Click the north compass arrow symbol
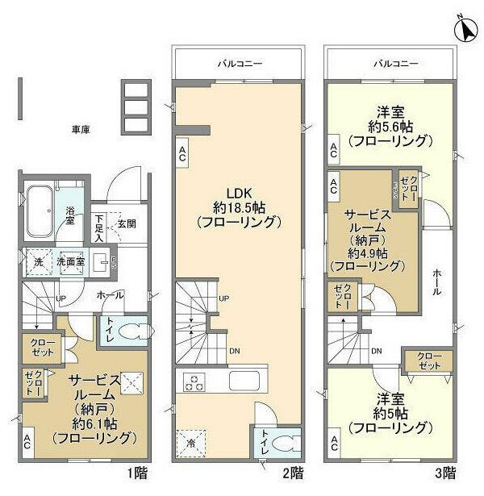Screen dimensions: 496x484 click(465, 29)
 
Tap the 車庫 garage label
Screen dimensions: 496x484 click(80, 129)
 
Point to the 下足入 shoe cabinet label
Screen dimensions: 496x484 click(98, 228)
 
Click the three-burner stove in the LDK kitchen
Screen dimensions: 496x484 click(196, 382)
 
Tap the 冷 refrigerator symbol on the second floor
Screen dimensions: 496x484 click(194, 443)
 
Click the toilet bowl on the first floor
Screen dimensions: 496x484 click(133, 331)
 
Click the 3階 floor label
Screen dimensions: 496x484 click(448, 473)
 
